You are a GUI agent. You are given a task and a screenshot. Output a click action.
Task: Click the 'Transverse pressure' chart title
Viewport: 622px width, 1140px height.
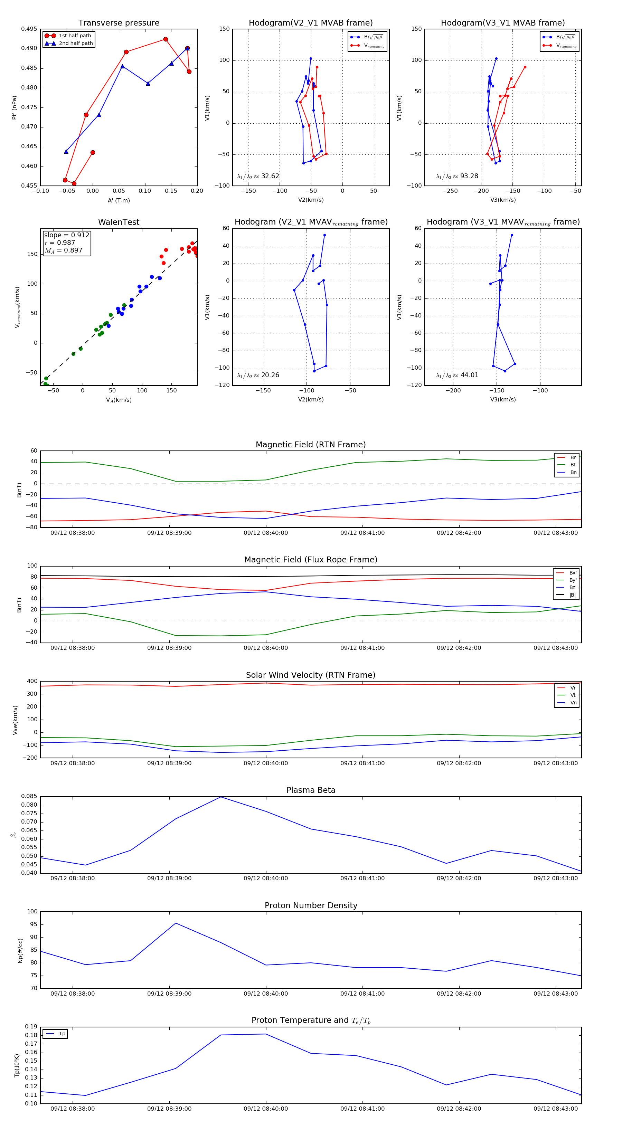[119, 23]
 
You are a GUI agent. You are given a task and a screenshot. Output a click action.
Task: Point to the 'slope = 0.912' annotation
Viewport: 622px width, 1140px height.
[66, 235]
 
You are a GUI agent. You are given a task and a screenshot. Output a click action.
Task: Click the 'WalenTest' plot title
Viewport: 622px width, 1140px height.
[119, 222]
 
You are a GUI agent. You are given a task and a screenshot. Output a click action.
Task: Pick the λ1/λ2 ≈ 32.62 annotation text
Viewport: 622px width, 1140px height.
[258, 176]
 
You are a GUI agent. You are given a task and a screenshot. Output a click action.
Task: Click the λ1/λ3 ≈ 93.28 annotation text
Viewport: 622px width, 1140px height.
[457, 176]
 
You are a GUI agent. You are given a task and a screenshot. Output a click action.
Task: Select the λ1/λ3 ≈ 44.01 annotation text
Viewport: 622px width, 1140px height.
[457, 375]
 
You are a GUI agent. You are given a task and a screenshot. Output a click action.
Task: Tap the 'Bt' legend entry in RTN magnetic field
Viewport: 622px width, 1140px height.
[573, 465]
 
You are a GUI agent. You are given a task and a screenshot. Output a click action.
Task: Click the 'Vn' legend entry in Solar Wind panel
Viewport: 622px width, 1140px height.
[573, 703]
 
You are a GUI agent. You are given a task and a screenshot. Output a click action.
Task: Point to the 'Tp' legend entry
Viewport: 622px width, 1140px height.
[62, 1034]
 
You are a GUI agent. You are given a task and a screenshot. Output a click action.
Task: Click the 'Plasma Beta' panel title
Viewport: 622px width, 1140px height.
[311, 790]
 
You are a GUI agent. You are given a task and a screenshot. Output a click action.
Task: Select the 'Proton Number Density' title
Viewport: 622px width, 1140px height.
[311, 905]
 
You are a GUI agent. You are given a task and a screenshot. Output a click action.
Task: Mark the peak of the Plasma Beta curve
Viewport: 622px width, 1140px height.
[220, 797]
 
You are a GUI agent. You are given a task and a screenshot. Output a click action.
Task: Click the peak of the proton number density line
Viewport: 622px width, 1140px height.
[176, 923]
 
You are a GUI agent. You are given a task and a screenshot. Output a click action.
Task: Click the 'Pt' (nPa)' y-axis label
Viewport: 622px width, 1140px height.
[14, 107]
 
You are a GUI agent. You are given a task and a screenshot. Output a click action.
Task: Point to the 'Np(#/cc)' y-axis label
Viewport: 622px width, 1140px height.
[20, 951]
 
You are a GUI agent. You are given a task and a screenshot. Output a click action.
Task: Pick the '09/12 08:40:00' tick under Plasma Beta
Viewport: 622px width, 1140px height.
[266, 878]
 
